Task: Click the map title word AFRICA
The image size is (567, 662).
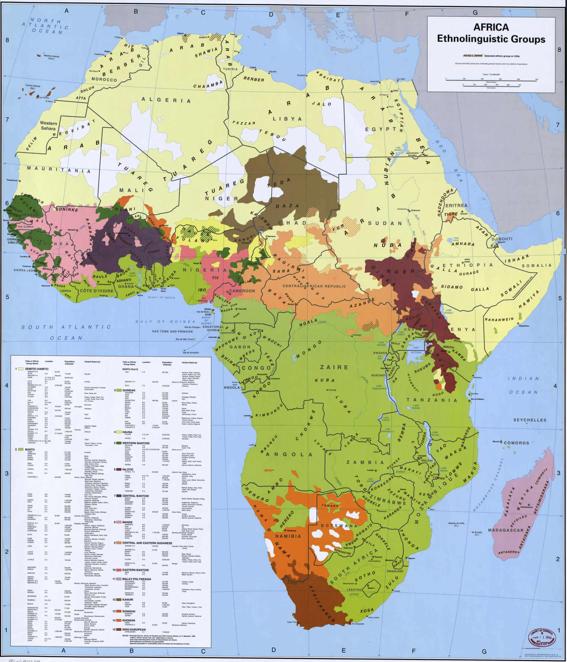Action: (491, 27)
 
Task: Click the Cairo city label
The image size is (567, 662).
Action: (396, 90)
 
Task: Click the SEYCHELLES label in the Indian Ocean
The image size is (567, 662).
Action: (530, 420)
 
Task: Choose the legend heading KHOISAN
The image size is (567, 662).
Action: (129, 620)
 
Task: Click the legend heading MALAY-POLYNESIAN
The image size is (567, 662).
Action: (137, 579)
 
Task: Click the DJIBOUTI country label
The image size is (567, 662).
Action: (502, 239)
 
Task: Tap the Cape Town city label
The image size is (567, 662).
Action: (292, 622)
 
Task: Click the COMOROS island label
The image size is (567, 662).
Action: (516, 443)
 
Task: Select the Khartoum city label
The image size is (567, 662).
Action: (416, 210)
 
